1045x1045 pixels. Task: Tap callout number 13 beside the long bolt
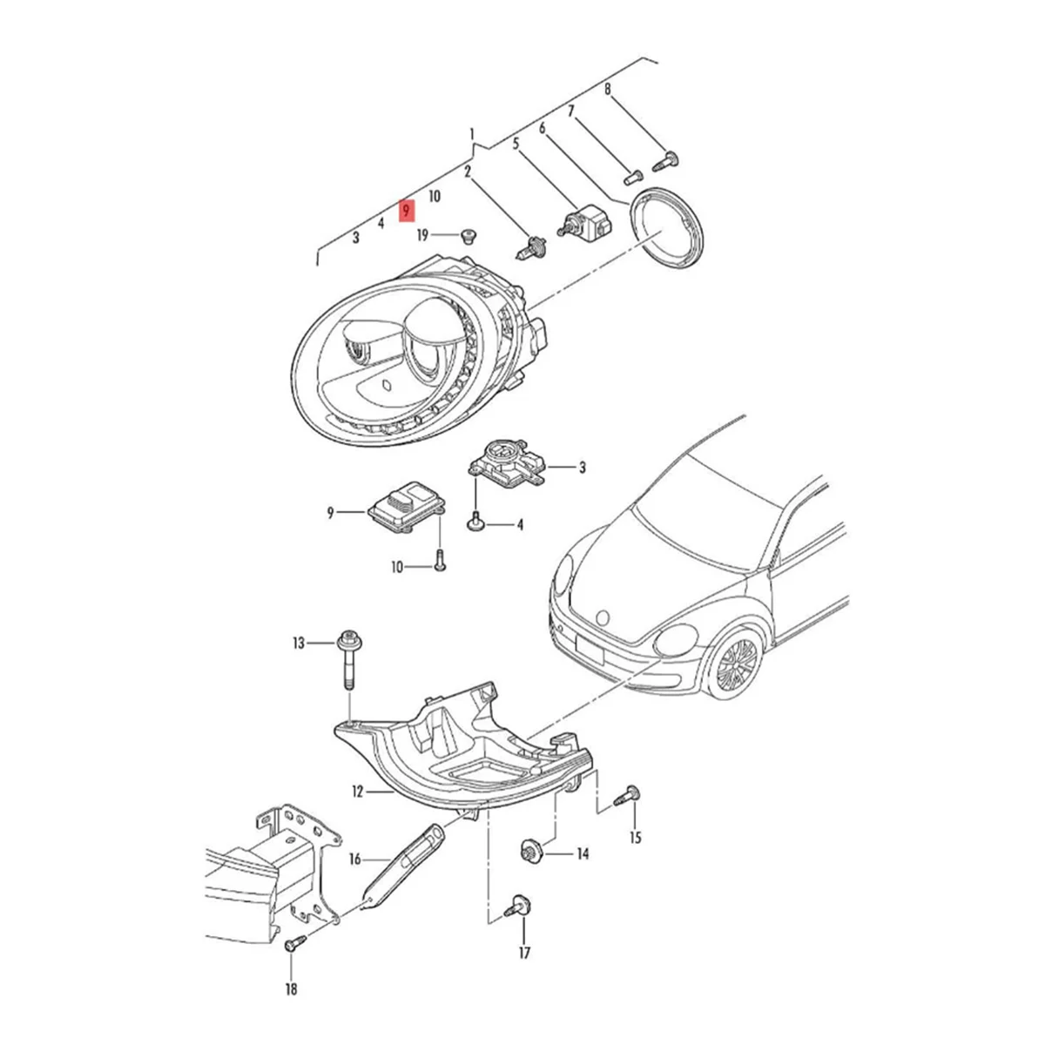299,644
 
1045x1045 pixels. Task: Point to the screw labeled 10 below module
439,559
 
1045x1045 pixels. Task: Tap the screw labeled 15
628,794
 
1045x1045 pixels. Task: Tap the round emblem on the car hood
601,616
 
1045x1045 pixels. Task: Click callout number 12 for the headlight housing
357,792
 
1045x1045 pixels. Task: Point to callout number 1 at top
473,135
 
